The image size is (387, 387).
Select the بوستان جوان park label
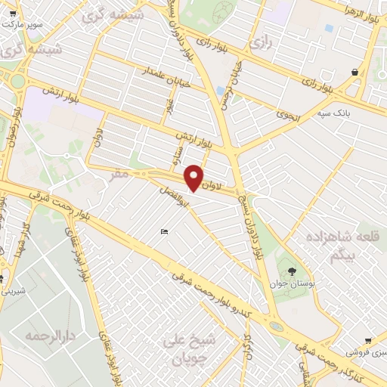click(x=291, y=284)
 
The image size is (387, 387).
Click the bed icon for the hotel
click(x=164, y=231)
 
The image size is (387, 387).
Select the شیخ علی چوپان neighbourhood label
click(x=189, y=348)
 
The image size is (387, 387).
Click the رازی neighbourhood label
click(x=262, y=42)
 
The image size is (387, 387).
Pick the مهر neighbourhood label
click(x=119, y=175)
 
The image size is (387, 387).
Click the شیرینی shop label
click(x=15, y=289)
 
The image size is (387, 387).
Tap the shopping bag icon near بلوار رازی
click(x=355, y=72)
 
